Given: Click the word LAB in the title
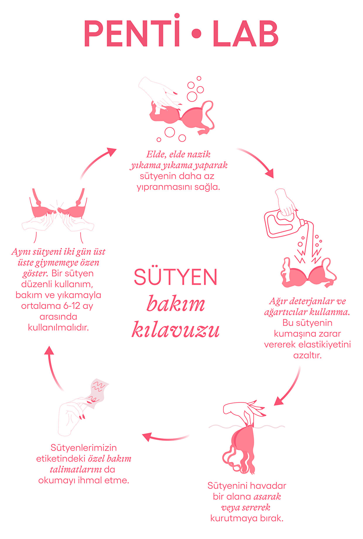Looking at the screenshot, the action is coord(245,34).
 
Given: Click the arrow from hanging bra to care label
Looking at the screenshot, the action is coord(165,438).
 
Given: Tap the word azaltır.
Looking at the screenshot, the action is coord(307,356).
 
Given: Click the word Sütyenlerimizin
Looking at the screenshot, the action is coord(84,447).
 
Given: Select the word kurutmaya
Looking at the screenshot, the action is coord(234,518).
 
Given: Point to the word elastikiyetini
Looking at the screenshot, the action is coord(324,344).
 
